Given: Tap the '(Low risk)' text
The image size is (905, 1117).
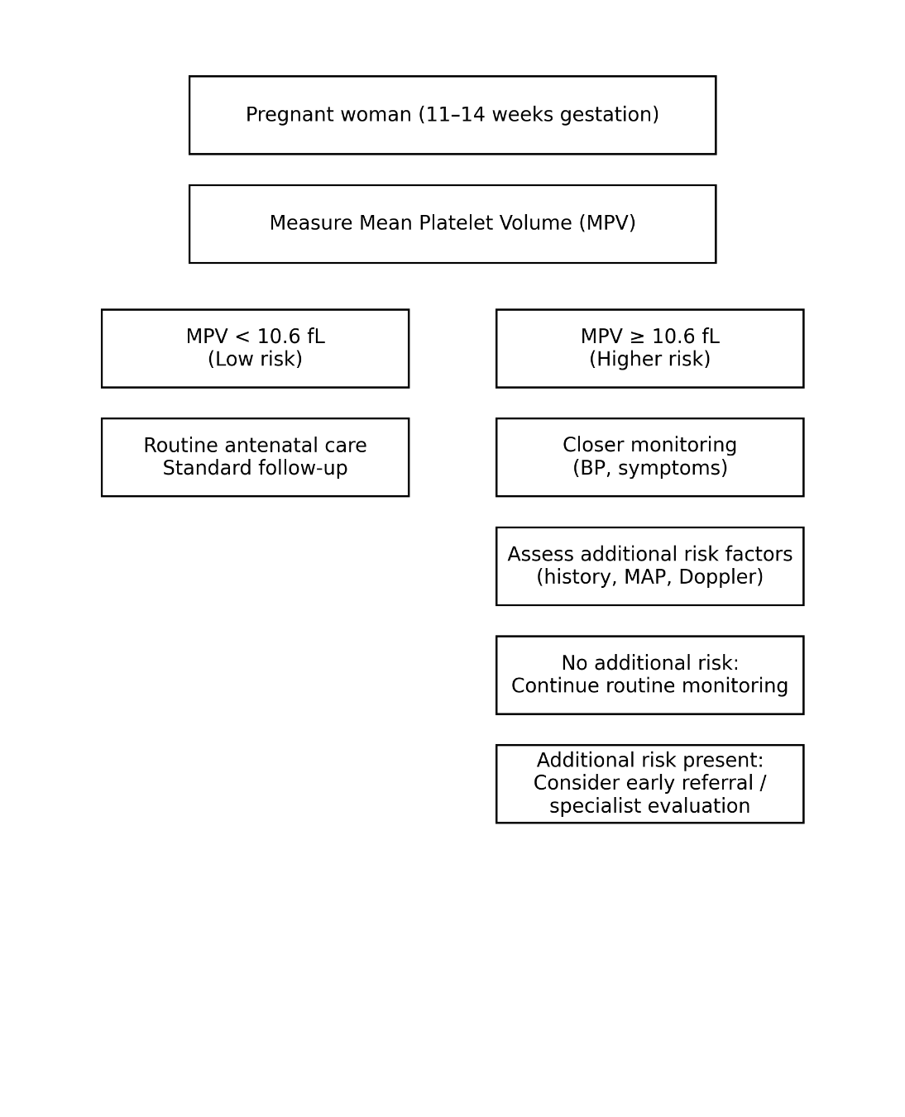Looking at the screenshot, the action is [255, 359].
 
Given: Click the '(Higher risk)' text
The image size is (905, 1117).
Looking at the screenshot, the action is [649, 359].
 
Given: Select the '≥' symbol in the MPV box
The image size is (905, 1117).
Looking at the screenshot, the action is [636, 337].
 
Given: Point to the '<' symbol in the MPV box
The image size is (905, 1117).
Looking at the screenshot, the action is [242, 337].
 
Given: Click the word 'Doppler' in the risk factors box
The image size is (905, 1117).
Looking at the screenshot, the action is [721, 577].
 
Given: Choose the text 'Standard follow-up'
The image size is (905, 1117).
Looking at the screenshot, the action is [255, 468].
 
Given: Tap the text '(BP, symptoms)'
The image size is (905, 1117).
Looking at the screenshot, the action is [649, 468].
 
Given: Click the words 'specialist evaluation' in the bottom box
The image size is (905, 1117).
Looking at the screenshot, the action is [649, 806].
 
